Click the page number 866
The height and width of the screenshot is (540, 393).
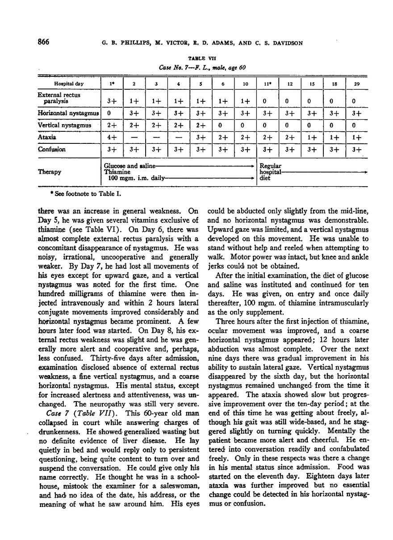pos(40,42)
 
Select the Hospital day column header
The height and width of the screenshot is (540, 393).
pos(69,84)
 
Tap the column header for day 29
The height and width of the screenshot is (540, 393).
pos(354,84)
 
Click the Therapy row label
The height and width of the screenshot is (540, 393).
pos(50,171)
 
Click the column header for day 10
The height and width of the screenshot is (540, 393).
pos(245,84)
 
